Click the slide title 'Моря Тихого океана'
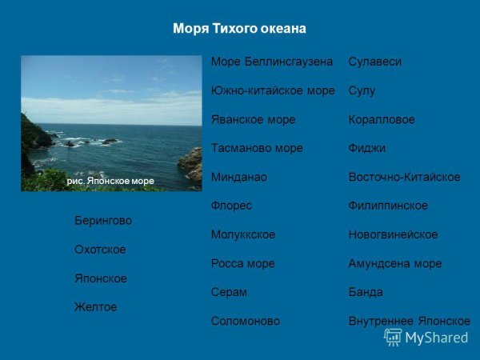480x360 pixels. [239, 29]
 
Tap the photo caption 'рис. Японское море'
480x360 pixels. [110, 182]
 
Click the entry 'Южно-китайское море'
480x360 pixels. [272, 90]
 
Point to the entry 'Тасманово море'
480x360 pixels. [256, 148]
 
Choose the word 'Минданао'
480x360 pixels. [238, 177]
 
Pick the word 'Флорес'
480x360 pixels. [231, 206]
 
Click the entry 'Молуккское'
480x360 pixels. [243, 234]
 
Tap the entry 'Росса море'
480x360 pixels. [242, 263]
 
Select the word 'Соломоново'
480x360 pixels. [246, 321]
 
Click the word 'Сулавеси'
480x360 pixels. [374, 62]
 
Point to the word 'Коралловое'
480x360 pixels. [382, 119]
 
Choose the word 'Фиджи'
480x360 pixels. [367, 148]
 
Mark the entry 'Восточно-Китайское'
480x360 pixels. [404, 177]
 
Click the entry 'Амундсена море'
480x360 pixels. [394, 263]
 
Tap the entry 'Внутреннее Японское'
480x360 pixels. [409, 321]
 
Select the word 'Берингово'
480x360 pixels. [103, 220]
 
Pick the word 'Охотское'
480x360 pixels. [100, 250]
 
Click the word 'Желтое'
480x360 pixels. [95, 306]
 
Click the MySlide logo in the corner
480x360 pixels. [426, 337]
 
